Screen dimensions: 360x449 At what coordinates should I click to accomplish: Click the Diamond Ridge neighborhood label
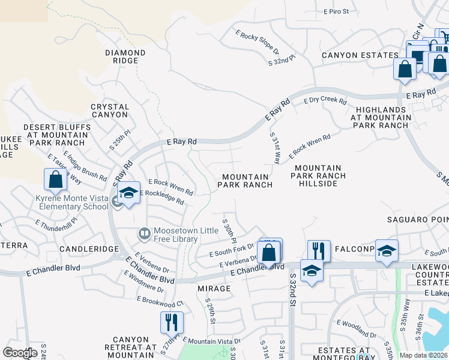[x=125, y=57]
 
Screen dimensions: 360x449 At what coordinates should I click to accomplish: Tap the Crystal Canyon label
[x=110, y=110]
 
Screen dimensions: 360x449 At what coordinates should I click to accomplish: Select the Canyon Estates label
[x=360, y=55]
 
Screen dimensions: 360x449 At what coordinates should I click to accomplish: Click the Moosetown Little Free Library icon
[x=144, y=232]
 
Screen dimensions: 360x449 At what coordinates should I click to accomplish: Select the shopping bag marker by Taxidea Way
[x=55, y=179]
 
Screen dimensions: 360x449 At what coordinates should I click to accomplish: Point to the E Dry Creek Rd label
[x=325, y=101]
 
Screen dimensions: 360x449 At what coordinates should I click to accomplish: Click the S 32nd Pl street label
[x=282, y=60]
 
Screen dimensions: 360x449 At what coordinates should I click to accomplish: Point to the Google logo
[x=20, y=352]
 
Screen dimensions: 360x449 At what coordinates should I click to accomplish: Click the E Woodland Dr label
[x=357, y=327]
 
